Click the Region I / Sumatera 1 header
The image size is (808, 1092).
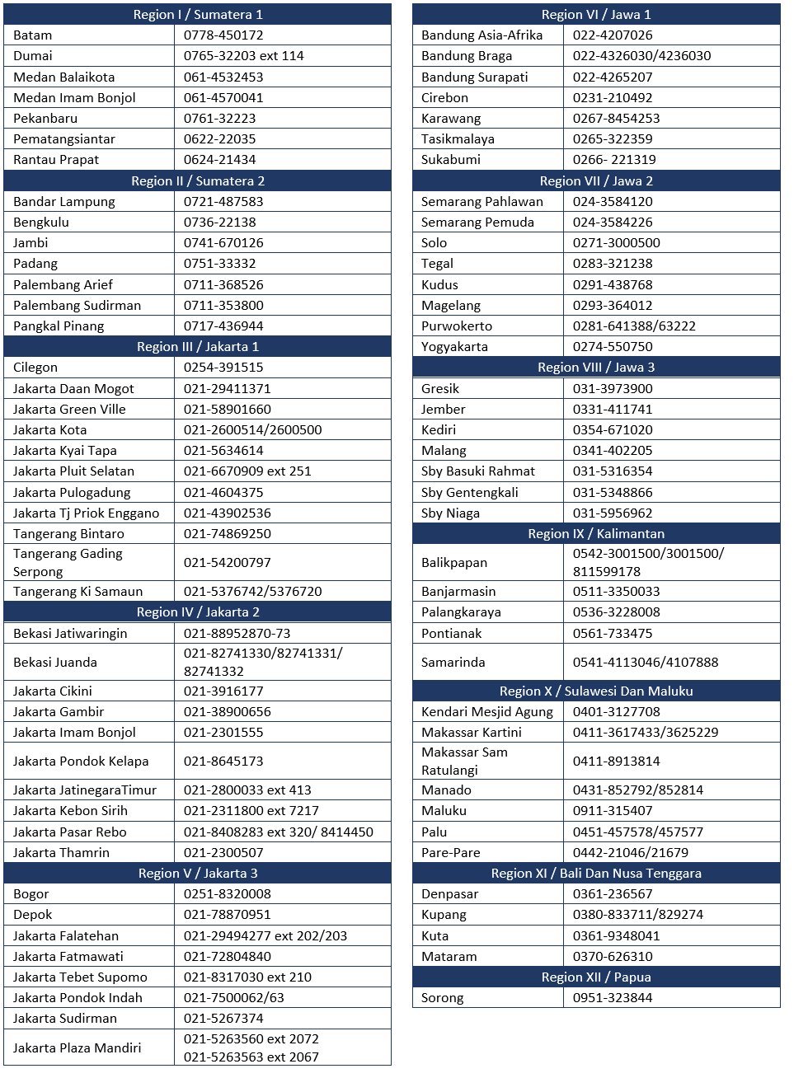tap(198, 14)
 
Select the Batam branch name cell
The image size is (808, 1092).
tap(33, 35)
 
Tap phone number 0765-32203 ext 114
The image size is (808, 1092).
tap(244, 56)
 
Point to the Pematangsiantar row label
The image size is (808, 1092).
tap(64, 139)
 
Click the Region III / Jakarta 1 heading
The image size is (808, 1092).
tap(198, 347)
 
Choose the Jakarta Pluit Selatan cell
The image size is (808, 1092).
tap(73, 471)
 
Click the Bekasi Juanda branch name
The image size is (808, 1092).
tap(55, 663)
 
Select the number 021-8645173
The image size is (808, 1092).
tap(223, 762)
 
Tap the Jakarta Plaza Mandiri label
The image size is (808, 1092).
tap(77, 1048)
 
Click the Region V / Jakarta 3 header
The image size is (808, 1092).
tap(198, 874)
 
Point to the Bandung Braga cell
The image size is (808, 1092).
tap(467, 56)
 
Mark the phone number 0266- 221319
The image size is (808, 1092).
tap(614, 160)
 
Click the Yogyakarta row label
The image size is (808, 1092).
tap(454, 347)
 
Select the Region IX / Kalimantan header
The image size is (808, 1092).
tap(596, 534)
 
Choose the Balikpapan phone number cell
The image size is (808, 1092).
tap(648, 563)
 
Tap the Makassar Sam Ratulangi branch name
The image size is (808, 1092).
tap(464, 762)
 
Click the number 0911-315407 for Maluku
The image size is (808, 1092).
tap(613, 811)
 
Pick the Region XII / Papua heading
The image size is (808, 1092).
tap(596, 977)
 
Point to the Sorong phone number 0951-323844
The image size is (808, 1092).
tap(613, 998)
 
